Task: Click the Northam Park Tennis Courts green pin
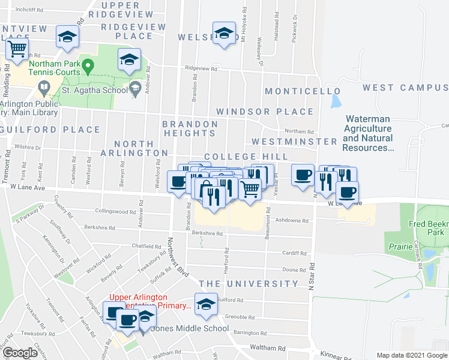(88, 65)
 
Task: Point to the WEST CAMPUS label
(405, 88)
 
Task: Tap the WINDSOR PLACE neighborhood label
(265, 112)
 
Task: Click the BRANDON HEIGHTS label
(190, 129)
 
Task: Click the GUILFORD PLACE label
(51, 130)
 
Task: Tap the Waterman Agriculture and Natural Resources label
(367, 133)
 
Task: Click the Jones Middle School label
(192, 328)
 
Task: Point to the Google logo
(20, 353)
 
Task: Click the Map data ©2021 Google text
(411, 355)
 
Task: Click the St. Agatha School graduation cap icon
(136, 89)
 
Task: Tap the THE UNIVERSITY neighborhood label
(248, 283)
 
